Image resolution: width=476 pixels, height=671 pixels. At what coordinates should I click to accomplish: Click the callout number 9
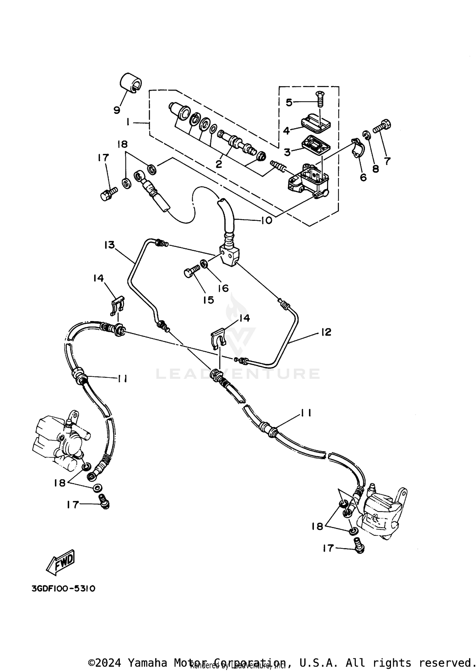(117, 110)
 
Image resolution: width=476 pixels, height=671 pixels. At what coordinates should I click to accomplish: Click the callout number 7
(387, 161)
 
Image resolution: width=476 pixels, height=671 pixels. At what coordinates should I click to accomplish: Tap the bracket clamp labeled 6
(358, 148)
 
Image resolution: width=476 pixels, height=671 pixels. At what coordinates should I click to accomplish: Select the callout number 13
(109, 245)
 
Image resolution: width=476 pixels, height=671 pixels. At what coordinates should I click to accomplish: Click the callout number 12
(326, 332)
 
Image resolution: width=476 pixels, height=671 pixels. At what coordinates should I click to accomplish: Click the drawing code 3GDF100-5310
(63, 589)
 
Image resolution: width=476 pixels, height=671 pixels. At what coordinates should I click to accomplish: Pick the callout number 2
(219, 164)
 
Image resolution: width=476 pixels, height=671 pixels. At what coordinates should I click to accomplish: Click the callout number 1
(128, 122)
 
